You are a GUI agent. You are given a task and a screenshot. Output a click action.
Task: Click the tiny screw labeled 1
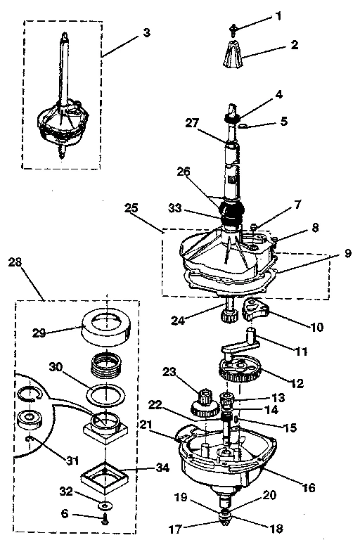(233, 29)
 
